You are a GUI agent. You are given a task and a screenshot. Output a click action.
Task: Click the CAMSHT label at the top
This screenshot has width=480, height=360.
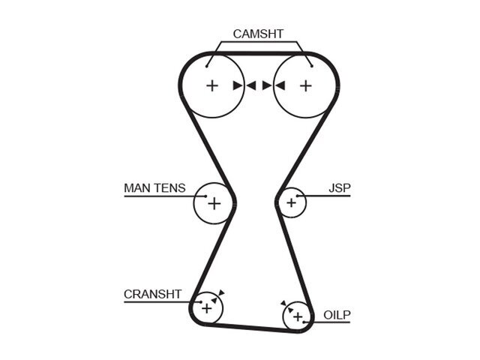tap(258, 34)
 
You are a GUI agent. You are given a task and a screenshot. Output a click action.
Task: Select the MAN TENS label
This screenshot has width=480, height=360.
tap(154, 188)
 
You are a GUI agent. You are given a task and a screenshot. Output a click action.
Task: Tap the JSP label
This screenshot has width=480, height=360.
tap(340, 188)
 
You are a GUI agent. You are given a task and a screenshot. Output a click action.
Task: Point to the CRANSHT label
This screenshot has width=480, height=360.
tap(152, 294)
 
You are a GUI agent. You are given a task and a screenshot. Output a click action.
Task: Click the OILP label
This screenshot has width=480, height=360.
tap(337, 315)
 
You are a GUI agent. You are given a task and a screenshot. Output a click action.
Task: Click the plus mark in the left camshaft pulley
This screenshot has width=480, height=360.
tap(212, 85)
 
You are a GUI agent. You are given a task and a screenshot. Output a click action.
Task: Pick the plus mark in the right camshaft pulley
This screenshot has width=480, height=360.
tap(305, 85)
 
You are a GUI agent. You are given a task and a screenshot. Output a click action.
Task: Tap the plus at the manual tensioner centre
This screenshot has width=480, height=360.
tap(214, 203)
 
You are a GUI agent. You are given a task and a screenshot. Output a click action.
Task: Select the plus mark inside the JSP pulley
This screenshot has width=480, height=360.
tap(292, 202)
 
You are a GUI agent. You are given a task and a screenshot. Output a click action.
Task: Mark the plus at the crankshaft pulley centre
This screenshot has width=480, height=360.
tap(207, 308)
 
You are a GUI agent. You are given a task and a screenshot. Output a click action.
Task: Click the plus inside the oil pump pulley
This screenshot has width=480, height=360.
tap(298, 316)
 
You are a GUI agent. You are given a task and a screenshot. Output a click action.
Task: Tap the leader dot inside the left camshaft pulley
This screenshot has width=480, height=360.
tap(207, 66)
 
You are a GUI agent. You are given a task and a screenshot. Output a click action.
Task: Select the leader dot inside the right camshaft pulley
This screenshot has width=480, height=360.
tap(312, 66)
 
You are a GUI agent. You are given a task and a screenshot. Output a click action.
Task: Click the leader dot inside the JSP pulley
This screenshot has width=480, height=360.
tap(297, 196)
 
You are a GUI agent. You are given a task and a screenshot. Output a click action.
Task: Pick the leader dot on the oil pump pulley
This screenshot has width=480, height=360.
tap(304, 322)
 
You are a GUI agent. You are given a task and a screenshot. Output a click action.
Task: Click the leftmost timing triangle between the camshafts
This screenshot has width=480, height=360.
tap(238, 85)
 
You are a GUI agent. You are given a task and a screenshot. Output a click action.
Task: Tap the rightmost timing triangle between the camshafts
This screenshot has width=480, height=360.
tap(280, 85)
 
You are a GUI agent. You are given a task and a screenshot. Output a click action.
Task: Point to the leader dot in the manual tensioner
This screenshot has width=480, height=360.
tap(205, 196)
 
